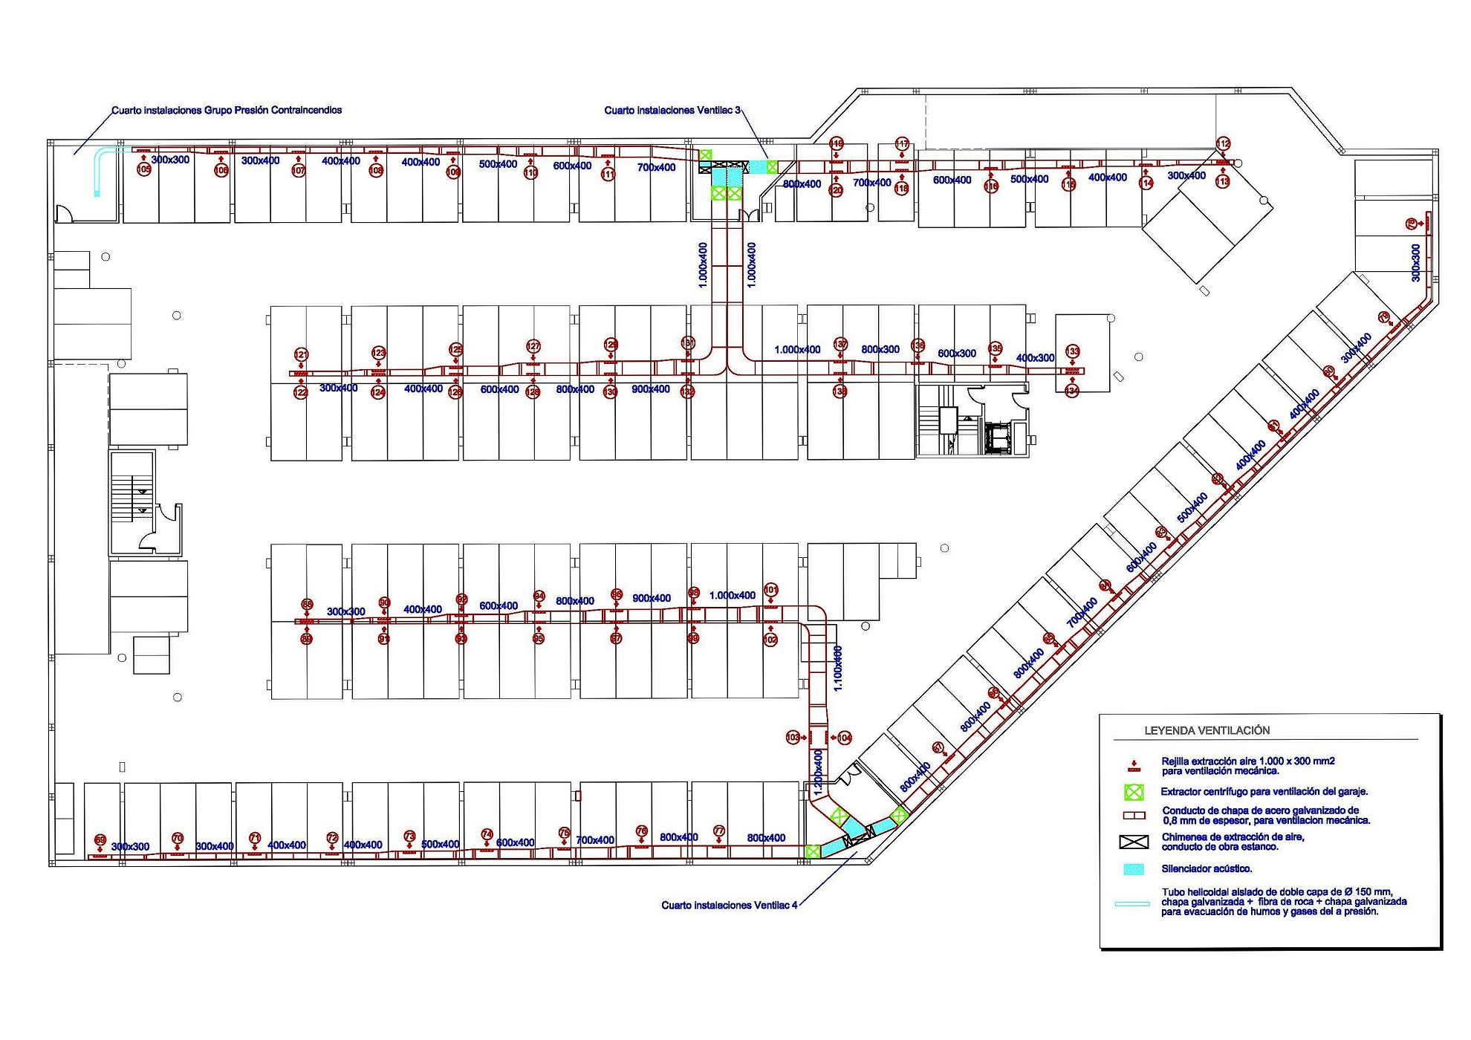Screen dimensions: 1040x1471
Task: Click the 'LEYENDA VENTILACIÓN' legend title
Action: [x=1207, y=731]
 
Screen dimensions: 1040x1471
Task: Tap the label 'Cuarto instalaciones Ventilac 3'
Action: [x=672, y=111]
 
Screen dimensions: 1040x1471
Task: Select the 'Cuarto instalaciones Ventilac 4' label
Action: [x=729, y=906]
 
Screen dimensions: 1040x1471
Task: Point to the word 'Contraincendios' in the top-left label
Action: [x=307, y=110]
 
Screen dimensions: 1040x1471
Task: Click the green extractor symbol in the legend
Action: [x=1134, y=793]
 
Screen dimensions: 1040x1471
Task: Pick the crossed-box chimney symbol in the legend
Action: [x=1134, y=842]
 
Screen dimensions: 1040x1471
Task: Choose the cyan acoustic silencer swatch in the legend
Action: [x=1134, y=869]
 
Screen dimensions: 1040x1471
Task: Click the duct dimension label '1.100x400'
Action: [x=838, y=669]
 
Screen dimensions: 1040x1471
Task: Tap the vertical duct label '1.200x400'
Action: [x=818, y=773]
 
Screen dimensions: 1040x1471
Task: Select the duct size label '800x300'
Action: [x=880, y=349]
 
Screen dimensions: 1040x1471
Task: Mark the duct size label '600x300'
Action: [x=957, y=354]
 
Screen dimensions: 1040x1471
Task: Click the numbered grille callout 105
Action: [x=144, y=170]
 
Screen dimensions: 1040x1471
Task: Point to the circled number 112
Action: [x=1223, y=143]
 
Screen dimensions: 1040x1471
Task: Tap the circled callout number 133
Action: [x=1072, y=351]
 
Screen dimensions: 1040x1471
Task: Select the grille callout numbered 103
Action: [x=793, y=738]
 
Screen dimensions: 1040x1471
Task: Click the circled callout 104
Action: [x=844, y=738]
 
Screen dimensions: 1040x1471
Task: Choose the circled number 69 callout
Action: [x=100, y=840]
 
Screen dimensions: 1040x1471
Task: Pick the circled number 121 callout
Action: [x=301, y=354]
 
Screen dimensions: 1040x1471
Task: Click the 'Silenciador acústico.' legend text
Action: [x=1207, y=869]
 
